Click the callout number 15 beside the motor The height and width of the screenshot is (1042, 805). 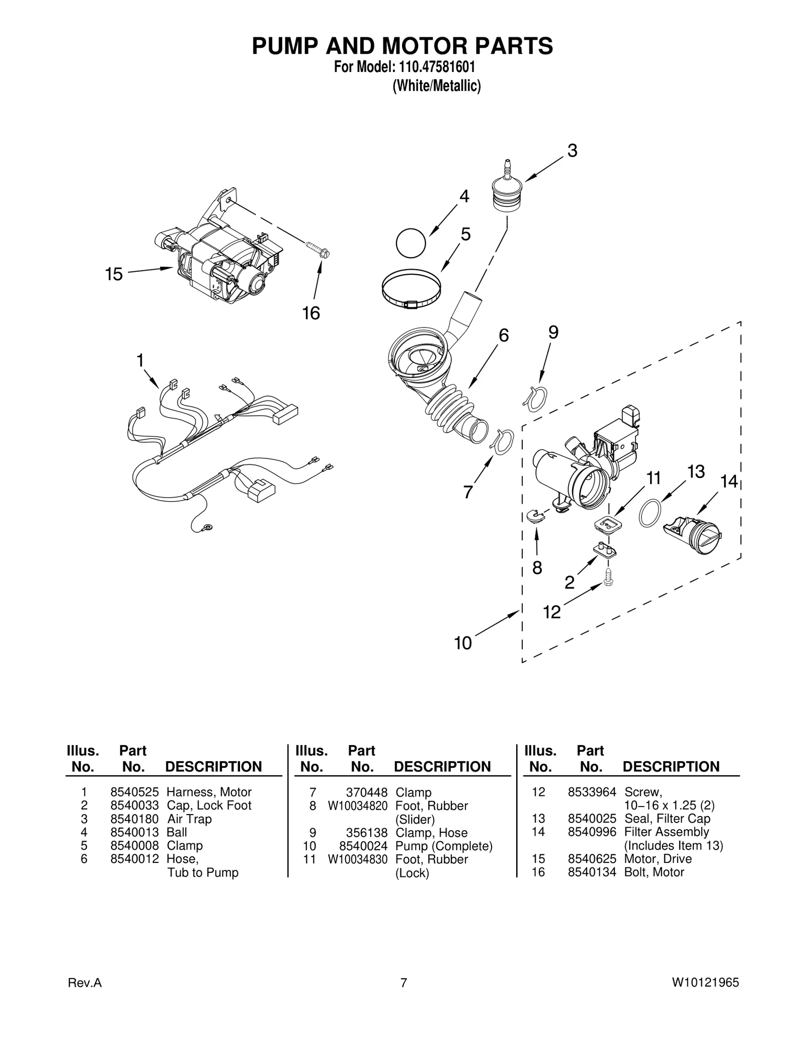(114, 275)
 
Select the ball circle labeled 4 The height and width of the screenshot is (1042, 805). (411, 244)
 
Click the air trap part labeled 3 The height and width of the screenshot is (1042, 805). (507, 190)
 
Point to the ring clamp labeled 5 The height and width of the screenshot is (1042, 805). (412, 289)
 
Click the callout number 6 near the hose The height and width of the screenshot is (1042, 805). (504, 335)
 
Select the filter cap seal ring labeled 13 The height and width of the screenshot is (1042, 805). (650, 513)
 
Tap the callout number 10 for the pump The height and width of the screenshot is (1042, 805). (463, 643)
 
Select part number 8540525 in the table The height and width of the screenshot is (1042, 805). (134, 792)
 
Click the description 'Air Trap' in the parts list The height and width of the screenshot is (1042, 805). (189, 819)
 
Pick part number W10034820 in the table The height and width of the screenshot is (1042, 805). (358, 806)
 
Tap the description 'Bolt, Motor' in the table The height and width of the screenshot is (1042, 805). (654, 872)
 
